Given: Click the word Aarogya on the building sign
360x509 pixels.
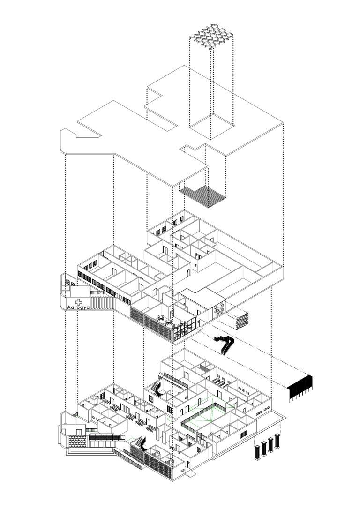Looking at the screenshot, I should tap(79, 307).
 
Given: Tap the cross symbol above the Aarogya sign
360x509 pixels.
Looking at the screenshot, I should tap(79, 301).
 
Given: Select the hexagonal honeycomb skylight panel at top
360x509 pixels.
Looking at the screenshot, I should tap(210, 37).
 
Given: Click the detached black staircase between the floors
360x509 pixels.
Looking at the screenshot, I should tap(225, 344).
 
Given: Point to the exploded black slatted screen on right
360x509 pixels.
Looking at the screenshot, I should tap(300, 388).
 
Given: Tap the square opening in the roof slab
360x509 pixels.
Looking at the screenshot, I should tap(211, 126).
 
